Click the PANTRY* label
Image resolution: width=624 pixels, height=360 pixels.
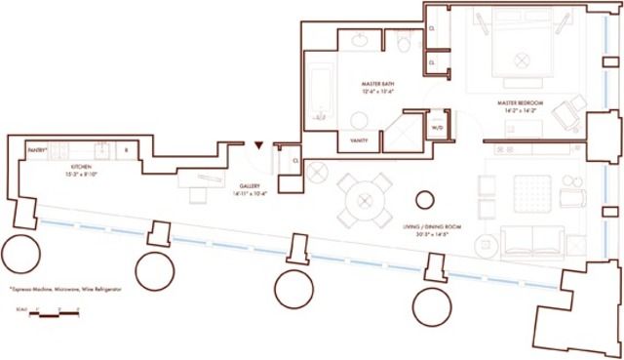[x=36, y=150]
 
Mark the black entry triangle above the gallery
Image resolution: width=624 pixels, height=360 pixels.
[x=258, y=145]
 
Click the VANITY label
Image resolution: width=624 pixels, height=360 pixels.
[x=358, y=140]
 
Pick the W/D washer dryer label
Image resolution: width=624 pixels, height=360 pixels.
[x=437, y=127]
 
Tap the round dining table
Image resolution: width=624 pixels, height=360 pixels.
[x=366, y=198]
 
